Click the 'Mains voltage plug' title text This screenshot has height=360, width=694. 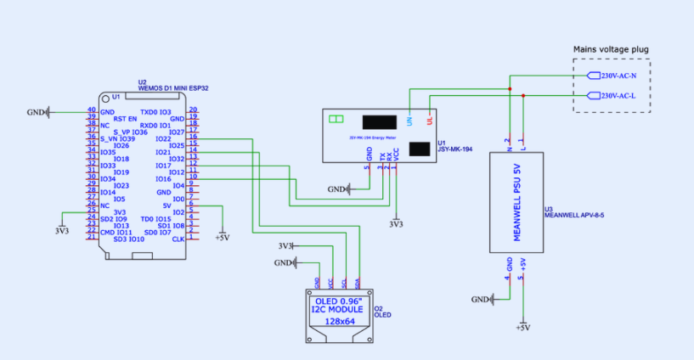(x=611, y=49)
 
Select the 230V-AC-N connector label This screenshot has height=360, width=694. (x=623, y=76)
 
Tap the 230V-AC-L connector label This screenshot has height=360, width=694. (x=623, y=96)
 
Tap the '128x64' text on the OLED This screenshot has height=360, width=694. (x=339, y=322)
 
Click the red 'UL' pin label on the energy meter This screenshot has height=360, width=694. (x=430, y=121)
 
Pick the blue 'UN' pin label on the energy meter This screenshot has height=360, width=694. (x=409, y=121)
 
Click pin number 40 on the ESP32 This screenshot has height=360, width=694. (x=91, y=110)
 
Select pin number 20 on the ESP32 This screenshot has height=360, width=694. (x=193, y=110)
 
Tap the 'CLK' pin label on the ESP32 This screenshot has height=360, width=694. (x=178, y=239)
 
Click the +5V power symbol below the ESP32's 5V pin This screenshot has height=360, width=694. (x=223, y=238)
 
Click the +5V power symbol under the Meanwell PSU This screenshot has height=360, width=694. (x=522, y=327)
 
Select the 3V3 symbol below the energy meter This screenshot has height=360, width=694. (x=396, y=224)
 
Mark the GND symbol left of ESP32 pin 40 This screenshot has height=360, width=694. (x=37, y=112)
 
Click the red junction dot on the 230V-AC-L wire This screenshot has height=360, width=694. (x=523, y=96)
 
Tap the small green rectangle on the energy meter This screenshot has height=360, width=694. (x=336, y=120)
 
